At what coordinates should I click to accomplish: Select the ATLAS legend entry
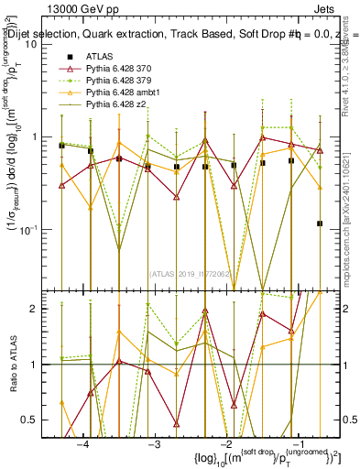pos(101,57)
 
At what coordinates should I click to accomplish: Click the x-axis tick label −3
pos(154,444)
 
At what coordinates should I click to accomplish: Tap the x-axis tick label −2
pos(225,444)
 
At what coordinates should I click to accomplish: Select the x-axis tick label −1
pos(298,444)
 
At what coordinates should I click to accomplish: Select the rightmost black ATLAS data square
pos(320,224)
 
